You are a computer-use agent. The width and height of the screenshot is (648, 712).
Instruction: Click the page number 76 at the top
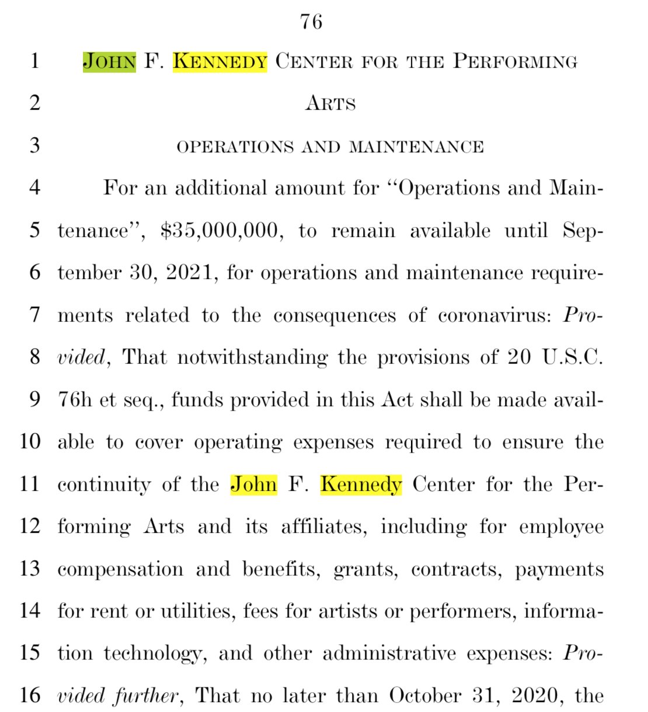[311, 22]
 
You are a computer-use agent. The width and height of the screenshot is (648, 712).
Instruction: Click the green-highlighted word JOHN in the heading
[109, 61]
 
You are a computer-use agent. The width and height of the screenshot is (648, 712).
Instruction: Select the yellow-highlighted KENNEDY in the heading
[220, 61]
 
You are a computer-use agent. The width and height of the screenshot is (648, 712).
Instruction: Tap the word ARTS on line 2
[330, 103]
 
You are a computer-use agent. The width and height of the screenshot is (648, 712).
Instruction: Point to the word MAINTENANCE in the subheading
[416, 146]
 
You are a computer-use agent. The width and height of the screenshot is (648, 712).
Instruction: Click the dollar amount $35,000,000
[222, 231]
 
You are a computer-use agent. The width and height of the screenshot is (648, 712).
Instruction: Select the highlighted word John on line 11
[253, 484]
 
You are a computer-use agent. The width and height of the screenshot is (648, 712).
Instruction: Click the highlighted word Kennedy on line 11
[361, 484]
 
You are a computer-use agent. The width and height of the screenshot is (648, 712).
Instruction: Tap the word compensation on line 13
[120, 569]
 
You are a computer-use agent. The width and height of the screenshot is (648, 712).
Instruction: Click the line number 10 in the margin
[30, 441]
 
